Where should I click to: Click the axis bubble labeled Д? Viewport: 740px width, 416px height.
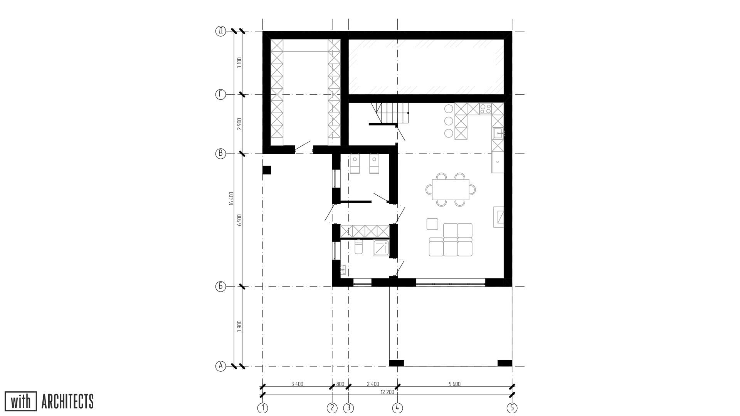tap(220, 31)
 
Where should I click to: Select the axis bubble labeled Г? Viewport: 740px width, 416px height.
tap(220, 94)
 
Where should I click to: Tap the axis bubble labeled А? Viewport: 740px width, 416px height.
tap(220, 366)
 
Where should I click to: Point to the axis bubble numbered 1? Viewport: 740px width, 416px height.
tap(262, 408)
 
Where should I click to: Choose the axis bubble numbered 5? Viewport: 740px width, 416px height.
tap(512, 408)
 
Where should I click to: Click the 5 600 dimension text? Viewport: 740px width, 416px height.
tap(455, 384)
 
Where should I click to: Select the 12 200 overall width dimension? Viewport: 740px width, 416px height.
tap(387, 392)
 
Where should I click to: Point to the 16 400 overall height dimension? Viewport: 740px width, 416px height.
tap(231, 198)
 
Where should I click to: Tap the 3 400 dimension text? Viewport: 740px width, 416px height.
tap(297, 384)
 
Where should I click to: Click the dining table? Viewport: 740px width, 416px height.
tap(451, 190)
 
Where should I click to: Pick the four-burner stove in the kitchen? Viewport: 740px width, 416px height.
tap(485, 109)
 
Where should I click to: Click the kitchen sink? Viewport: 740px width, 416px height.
tap(498, 133)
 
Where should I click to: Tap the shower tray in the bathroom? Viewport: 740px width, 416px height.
tap(381, 248)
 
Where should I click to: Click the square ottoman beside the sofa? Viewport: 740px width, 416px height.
tap(432, 224)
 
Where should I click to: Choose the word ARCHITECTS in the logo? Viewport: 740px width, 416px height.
tap(67, 401)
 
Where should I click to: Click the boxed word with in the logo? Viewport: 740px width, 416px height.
tap(20, 401)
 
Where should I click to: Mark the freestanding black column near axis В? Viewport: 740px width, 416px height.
tap(267, 170)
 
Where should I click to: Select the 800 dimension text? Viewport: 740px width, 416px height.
tap(340, 384)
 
